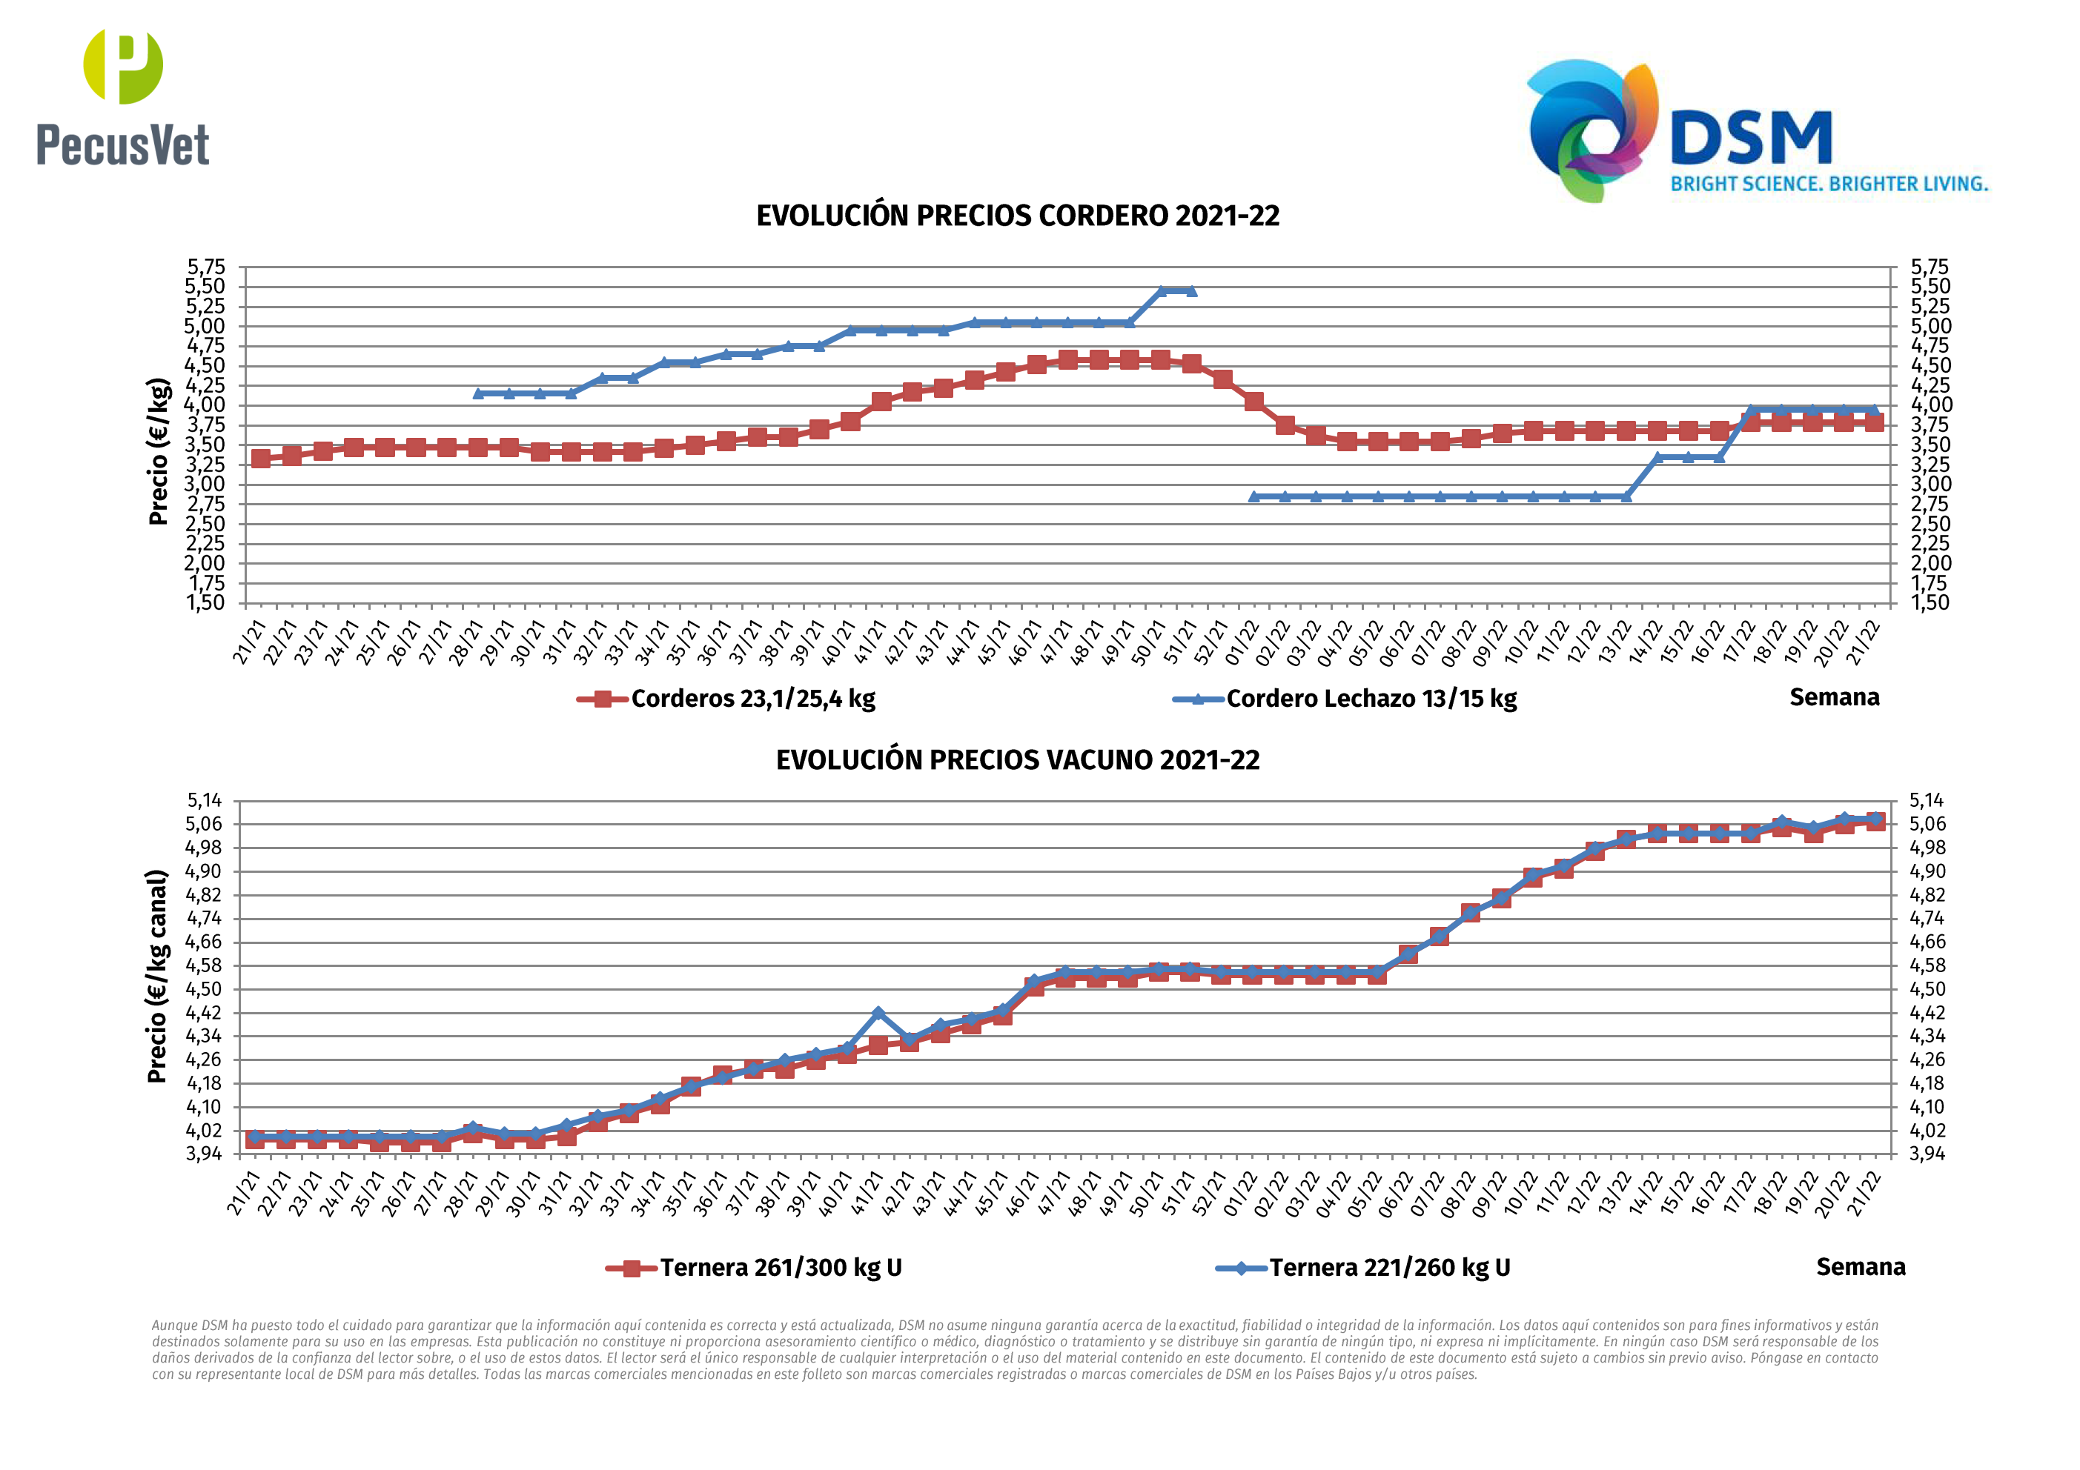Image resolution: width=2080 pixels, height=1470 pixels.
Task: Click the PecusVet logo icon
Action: [x=123, y=66]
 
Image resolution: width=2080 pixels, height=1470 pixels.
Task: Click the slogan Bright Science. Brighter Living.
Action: [x=1828, y=184]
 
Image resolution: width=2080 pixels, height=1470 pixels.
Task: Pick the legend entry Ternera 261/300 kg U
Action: [x=780, y=1267]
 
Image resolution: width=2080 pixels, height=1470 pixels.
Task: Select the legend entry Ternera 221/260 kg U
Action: [x=1389, y=1267]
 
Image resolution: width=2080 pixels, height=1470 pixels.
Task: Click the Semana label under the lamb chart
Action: [x=1834, y=697]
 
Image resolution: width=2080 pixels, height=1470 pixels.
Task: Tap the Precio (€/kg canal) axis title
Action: [x=158, y=976]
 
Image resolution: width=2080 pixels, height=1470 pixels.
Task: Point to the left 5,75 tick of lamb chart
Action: [x=205, y=267]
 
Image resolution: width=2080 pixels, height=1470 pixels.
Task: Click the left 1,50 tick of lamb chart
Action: [x=205, y=602]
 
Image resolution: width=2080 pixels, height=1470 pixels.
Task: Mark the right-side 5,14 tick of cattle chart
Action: [x=1926, y=801]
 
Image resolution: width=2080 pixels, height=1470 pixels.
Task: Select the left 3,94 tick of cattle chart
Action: [x=204, y=1154]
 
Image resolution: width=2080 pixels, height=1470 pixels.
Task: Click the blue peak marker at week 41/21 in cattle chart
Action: [x=877, y=1014]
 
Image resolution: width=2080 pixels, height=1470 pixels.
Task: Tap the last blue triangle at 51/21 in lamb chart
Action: [x=1191, y=290]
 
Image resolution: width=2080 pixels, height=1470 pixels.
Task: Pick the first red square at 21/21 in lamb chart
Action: [x=261, y=459]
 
